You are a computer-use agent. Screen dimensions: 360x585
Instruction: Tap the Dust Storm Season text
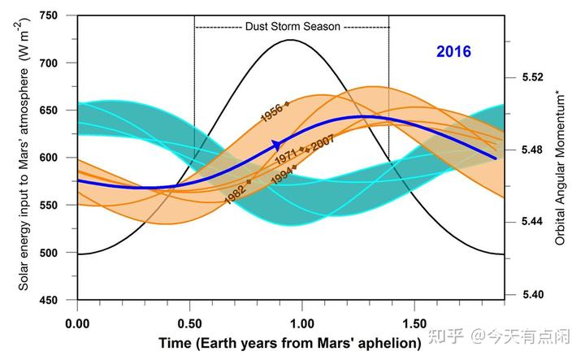[292, 26]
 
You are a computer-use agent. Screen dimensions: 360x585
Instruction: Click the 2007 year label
[323, 142]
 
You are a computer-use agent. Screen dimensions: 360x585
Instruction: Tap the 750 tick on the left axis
[50, 15]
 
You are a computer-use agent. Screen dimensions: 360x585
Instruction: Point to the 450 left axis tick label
[50, 301]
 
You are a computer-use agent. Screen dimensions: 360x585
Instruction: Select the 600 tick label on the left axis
[50, 158]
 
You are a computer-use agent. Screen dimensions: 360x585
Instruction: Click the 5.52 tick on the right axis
[533, 78]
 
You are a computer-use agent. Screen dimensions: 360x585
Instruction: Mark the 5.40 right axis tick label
[533, 295]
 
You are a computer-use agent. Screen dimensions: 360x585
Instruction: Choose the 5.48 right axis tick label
[533, 150]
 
